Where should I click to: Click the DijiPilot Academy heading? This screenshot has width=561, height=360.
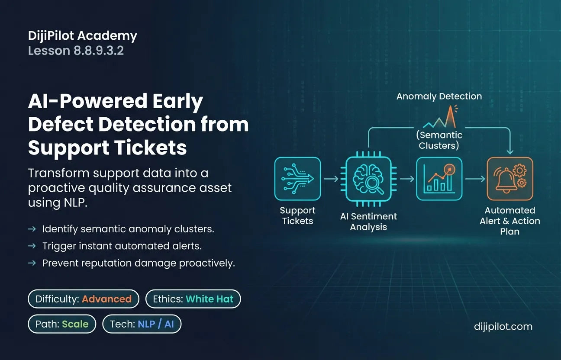pos(82,35)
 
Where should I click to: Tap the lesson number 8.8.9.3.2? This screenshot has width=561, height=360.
pos(98,51)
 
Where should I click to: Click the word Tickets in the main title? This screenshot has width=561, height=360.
pos(151,147)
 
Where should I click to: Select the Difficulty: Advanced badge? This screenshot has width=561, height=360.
pos(84,299)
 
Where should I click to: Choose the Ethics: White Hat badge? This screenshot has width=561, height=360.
pos(193,299)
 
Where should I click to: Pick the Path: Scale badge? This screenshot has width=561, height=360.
pos(62,324)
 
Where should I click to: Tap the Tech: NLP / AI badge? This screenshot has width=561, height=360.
pos(142,324)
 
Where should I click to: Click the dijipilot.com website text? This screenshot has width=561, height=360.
pos(503,326)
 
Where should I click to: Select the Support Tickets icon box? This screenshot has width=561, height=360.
pos(297,179)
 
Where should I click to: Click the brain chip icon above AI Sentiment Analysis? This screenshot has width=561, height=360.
pos(368,179)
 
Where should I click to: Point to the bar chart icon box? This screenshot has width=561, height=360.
pos(439,179)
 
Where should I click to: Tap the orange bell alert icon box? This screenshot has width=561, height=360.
pos(510,179)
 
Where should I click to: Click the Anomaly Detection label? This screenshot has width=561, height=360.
pos(439,96)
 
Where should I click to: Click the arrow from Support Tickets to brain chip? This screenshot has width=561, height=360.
pos(331,179)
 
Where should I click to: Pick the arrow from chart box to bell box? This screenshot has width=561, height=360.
pos(475,179)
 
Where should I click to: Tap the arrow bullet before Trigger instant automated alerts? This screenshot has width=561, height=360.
pos(32,246)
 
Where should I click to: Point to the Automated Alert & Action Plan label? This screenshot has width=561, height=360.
pos(510,221)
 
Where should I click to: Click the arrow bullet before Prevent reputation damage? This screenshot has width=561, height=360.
pos(32,263)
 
